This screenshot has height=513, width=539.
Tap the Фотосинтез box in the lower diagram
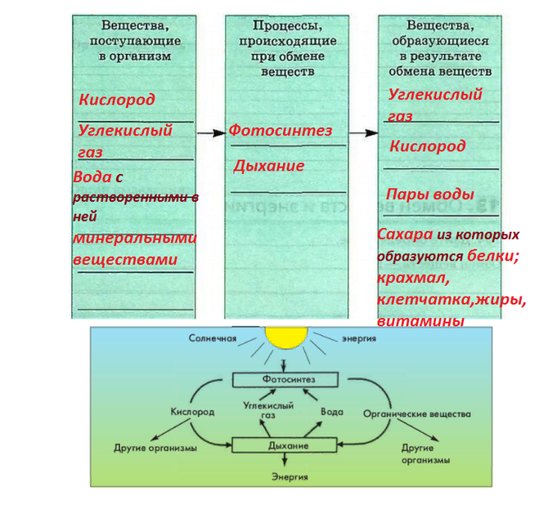(285, 381)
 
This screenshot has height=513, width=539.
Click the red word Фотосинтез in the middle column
(281, 131)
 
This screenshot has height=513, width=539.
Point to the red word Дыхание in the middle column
(268, 166)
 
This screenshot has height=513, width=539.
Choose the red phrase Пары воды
(430, 194)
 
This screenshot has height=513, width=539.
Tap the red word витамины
(420, 321)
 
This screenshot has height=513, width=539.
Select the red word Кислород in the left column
(116, 100)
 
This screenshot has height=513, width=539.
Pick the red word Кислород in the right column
(427, 146)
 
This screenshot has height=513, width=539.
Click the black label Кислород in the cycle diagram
(193, 413)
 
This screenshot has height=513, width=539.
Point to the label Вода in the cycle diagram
(331, 412)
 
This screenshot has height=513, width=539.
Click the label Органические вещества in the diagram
(417, 414)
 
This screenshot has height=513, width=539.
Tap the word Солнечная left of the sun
(213, 337)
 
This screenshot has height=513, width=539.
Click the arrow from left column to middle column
(210, 132)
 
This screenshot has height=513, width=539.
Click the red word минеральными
(134, 239)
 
